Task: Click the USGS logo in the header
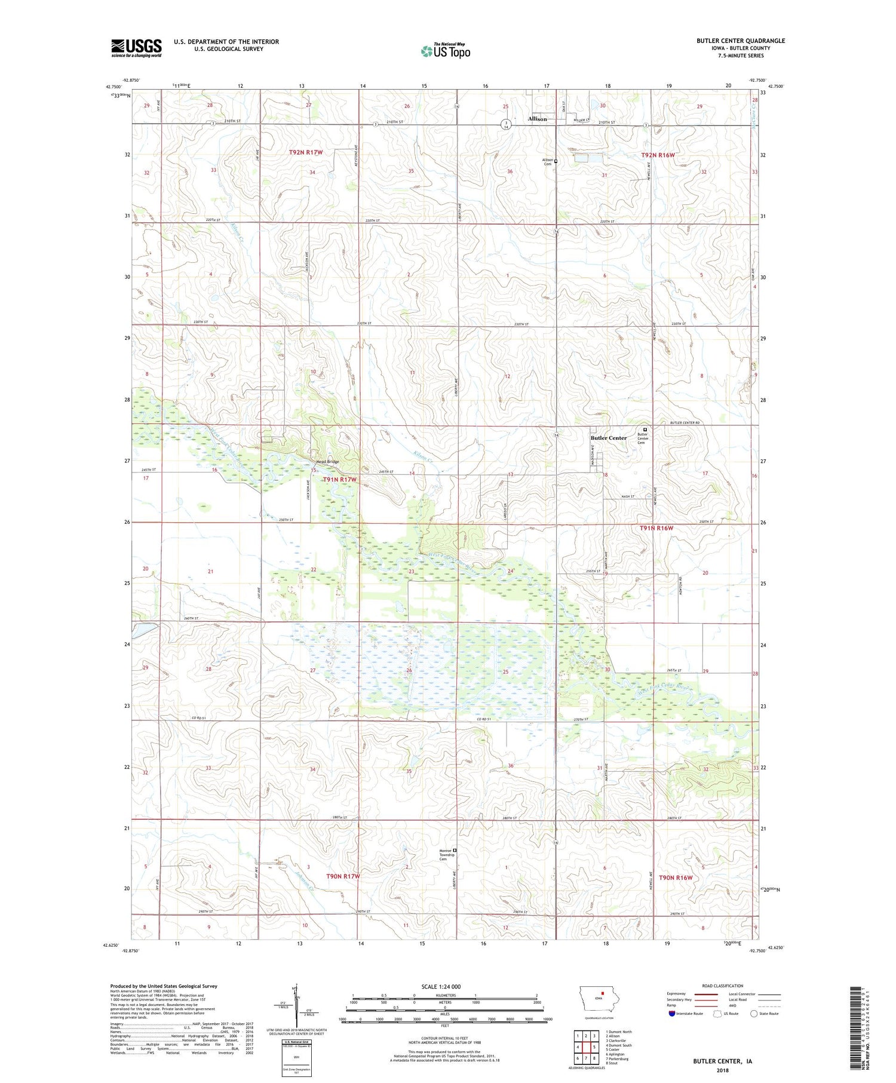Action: [x=136, y=48]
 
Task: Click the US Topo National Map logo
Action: [x=446, y=51]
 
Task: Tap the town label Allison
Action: [x=537, y=119]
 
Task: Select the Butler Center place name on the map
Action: [x=609, y=438]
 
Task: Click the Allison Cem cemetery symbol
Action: [x=556, y=161]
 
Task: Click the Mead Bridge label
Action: [x=327, y=462]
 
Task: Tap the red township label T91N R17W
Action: [x=340, y=480]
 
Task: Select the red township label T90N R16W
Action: [x=676, y=878]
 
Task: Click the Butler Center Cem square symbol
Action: [x=645, y=429]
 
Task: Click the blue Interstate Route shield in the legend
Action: [x=672, y=1014]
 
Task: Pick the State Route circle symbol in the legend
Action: [x=754, y=1013]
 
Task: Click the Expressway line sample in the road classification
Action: [x=705, y=994]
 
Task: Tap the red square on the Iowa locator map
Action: [x=603, y=994]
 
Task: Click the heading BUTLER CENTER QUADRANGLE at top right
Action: [x=741, y=41]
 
